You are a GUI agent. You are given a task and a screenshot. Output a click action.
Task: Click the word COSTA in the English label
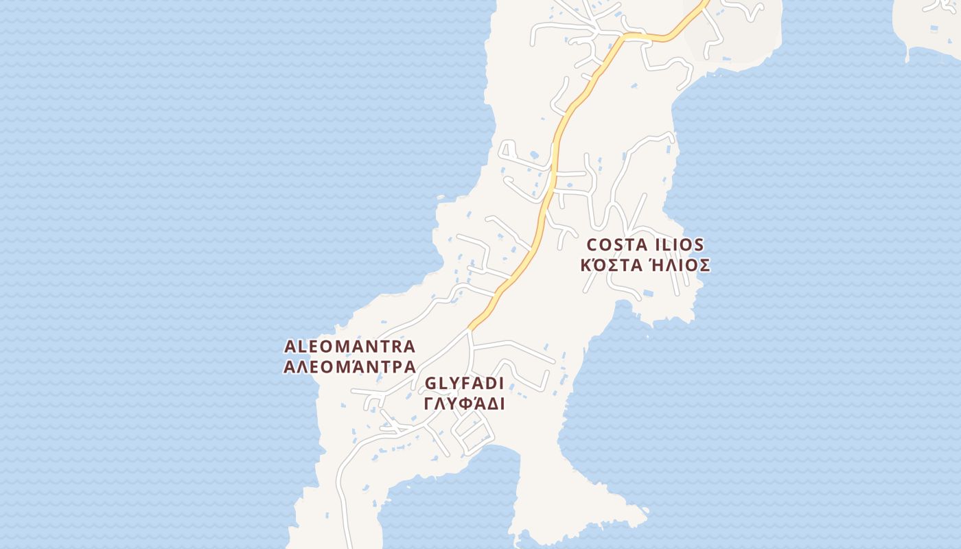tap(614, 245)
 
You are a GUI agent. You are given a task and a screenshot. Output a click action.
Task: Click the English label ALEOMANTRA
tap(349, 346)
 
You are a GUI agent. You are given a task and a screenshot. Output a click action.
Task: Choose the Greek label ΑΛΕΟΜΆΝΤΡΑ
tap(349, 366)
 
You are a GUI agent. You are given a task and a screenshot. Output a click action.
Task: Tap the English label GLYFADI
tap(465, 383)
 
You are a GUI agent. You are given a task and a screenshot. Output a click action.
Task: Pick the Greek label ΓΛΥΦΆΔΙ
tap(465, 404)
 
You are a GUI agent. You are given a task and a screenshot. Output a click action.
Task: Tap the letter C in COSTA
tap(593, 245)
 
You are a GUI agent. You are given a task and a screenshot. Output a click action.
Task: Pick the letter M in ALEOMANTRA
tap(344, 346)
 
